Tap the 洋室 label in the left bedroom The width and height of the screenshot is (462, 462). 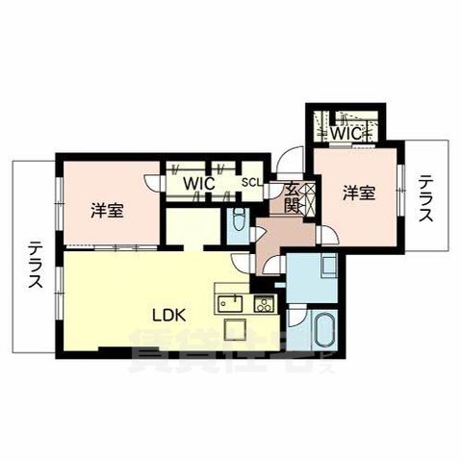point(107,211)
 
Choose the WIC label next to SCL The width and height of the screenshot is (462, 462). point(199,181)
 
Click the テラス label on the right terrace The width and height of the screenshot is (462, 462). point(427,199)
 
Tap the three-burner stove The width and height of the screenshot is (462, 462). point(263,305)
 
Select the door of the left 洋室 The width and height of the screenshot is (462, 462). point(151,182)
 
